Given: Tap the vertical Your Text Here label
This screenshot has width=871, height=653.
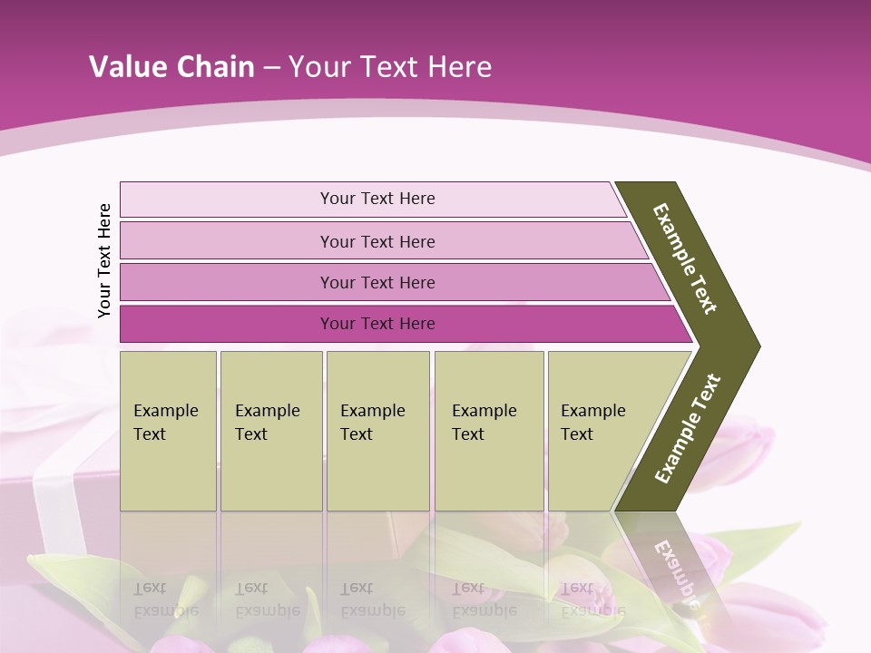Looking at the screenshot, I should coord(104,260).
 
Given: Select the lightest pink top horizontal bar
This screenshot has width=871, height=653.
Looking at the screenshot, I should coord(227,200).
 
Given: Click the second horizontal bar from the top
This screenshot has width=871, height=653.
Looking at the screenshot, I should coord(227,241).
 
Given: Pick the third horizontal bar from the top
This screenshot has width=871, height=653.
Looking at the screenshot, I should coord(227,282).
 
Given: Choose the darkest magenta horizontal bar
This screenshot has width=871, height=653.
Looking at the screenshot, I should coord(227,324).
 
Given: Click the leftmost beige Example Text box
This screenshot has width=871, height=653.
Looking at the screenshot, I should coord(168,431).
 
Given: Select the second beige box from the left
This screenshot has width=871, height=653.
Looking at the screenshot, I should coord(271,431).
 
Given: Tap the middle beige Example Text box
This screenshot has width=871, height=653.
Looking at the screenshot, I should coord(377,431).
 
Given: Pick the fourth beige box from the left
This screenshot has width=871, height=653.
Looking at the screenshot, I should coord(489,431).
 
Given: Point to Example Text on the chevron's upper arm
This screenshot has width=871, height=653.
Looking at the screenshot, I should coord(685,258).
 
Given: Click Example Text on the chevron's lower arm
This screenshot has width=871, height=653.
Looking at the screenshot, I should coord(688,429).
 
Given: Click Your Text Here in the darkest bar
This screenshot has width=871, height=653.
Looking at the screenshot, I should coord(377,324).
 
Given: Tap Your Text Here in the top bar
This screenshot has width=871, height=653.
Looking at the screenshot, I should coord(377,199).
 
